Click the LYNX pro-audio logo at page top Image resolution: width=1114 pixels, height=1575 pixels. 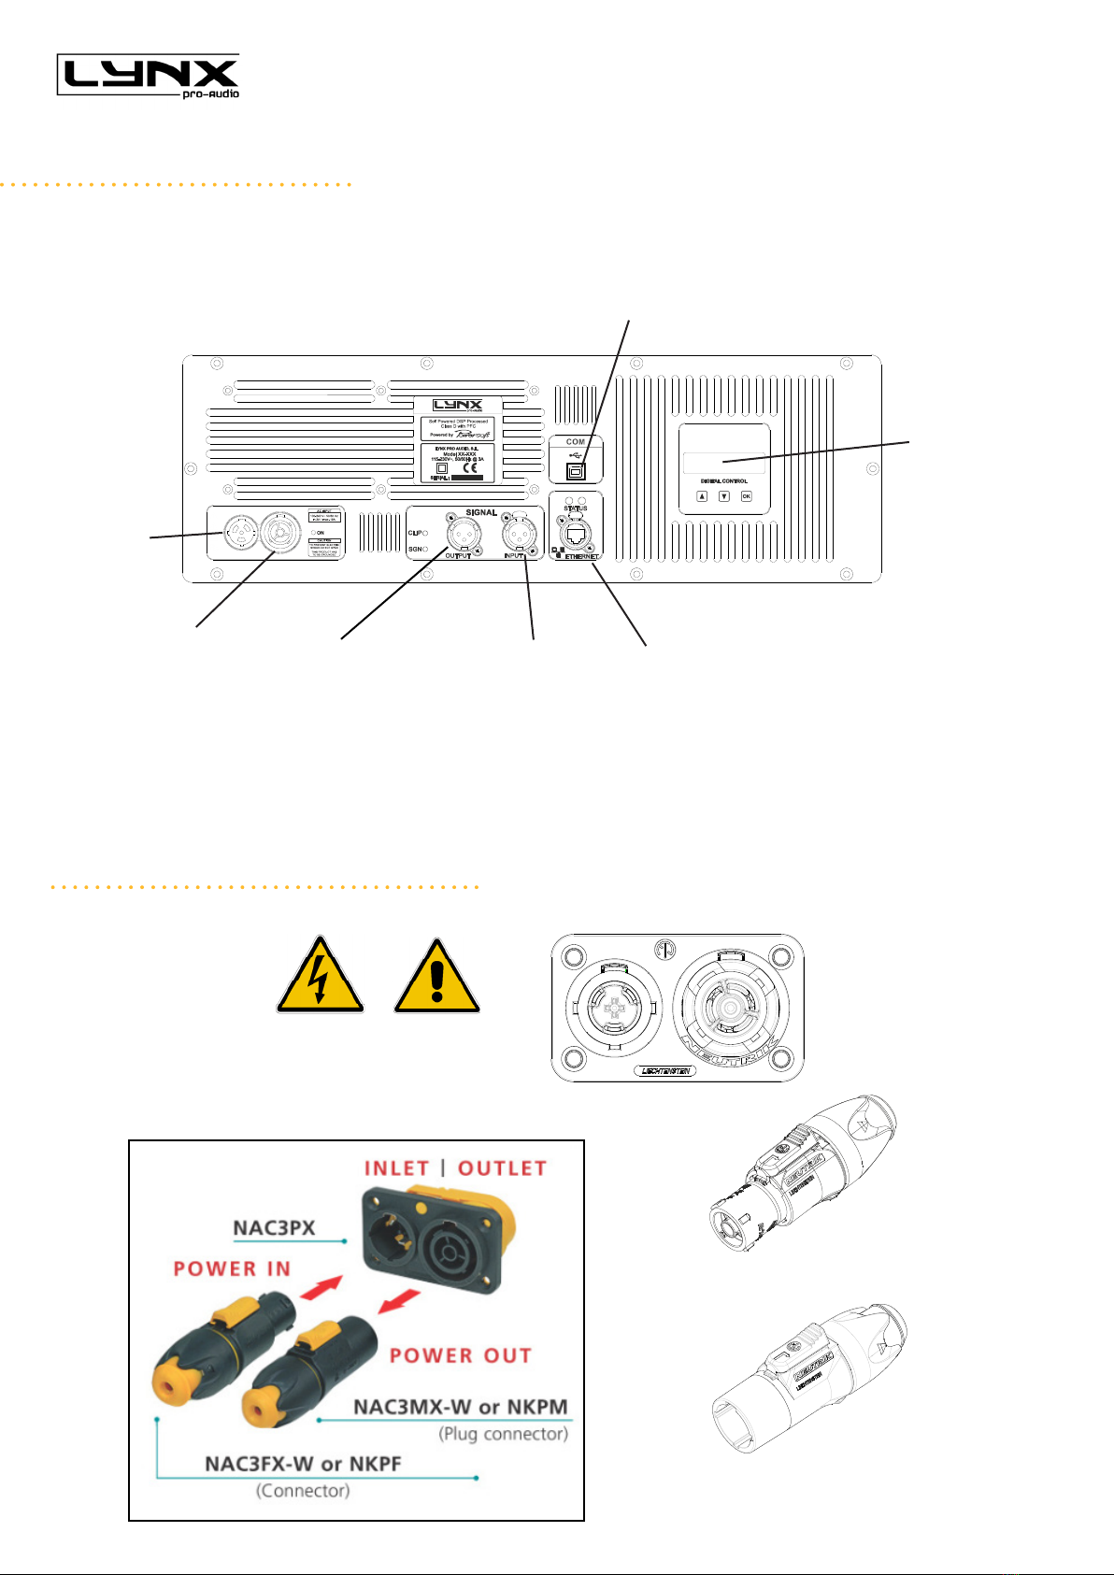point(149,75)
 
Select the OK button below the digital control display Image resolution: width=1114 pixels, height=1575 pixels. point(746,496)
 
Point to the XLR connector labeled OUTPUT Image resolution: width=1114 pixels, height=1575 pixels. point(463,535)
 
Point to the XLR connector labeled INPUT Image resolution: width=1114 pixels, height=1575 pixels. point(521,534)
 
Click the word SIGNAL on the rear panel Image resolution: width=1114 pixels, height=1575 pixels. point(481,512)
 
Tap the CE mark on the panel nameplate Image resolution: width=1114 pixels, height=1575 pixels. point(471,468)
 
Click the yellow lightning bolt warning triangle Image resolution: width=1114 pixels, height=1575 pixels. point(320,976)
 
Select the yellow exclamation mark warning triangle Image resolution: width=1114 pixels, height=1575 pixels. point(437,977)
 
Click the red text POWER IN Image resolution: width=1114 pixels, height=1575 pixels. point(232,1268)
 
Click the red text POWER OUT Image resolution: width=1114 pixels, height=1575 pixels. point(460,1355)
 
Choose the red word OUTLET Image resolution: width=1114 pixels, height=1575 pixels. point(502,1168)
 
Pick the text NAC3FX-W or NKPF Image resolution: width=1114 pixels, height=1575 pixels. point(303,1463)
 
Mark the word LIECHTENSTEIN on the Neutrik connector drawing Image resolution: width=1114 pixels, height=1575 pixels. point(666,1071)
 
